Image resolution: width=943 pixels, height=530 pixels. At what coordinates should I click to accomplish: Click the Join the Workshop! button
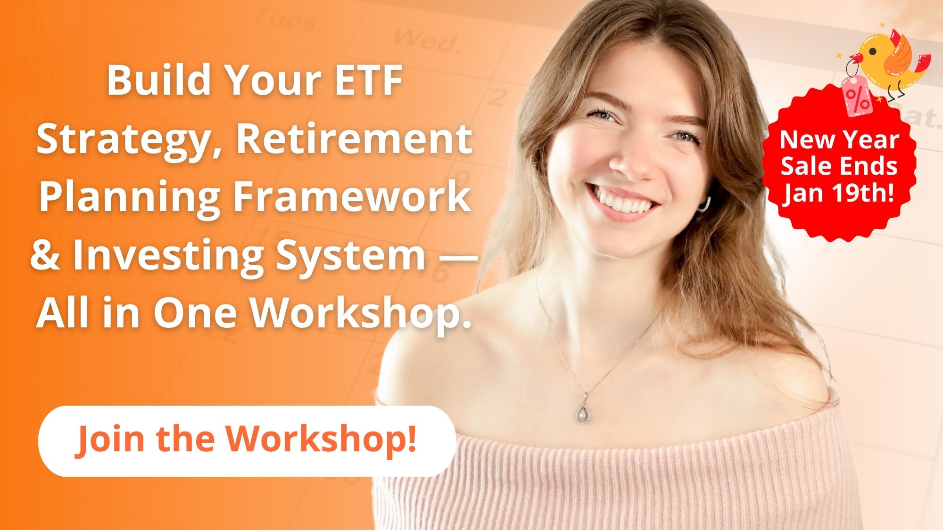coord(247,441)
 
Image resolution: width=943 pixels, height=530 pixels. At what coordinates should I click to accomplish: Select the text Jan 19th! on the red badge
coord(839,193)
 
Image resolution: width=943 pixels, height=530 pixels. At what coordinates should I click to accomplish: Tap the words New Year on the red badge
coord(839,139)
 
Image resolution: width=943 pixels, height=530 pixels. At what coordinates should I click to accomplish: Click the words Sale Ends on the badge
coord(839,166)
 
